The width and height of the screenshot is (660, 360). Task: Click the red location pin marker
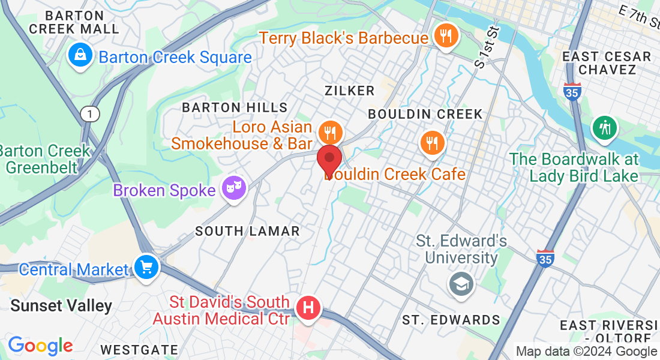coord(329,159)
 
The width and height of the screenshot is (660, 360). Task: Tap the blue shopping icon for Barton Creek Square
coord(79,56)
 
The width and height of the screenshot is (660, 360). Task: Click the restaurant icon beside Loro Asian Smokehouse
coord(330,131)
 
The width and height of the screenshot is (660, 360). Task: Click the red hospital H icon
coord(308,309)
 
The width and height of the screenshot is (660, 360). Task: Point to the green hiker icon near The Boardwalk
coord(605,127)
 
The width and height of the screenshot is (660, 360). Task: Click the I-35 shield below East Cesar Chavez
coord(572,91)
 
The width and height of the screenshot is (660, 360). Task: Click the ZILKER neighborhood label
coord(349,91)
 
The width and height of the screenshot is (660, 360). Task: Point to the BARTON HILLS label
coord(235,107)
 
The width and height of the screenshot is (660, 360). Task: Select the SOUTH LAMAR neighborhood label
coord(247,231)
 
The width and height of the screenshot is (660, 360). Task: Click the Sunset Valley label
coord(61,305)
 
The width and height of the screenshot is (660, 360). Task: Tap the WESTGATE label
coord(139,350)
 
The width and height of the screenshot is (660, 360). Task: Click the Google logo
coord(40,346)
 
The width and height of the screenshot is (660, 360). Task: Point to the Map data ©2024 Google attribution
coord(586,352)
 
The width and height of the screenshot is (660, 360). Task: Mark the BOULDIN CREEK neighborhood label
coord(425,113)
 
